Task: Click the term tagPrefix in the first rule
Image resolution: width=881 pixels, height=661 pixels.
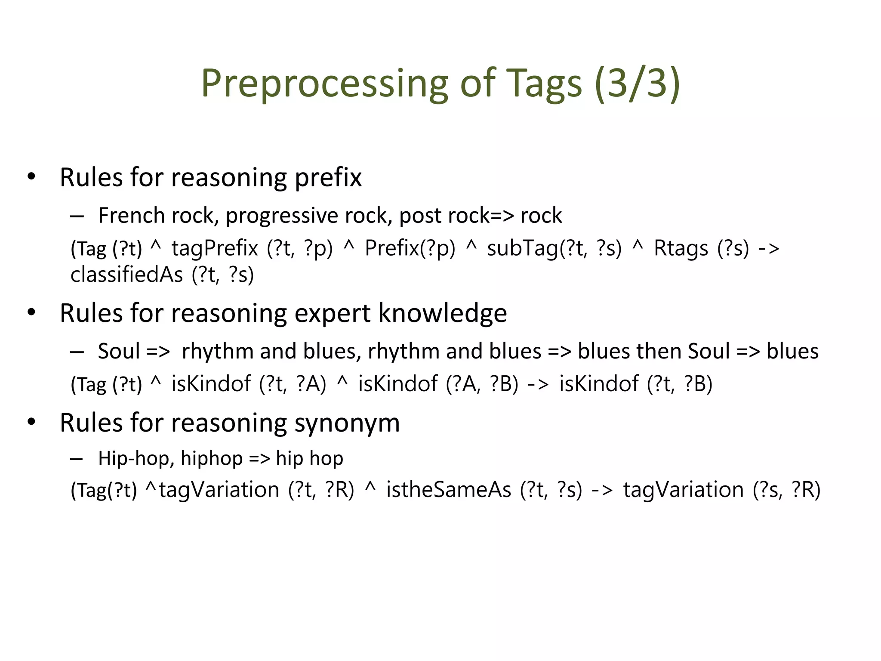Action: [215, 248]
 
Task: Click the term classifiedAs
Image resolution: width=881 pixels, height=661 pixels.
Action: [126, 275]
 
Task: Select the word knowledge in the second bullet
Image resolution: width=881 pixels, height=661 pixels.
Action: [443, 313]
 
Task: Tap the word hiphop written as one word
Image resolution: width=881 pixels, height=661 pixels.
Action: [212, 458]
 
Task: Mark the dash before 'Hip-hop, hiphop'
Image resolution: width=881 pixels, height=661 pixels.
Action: [77, 459]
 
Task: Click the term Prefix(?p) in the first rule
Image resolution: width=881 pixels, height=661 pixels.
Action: [410, 248]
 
